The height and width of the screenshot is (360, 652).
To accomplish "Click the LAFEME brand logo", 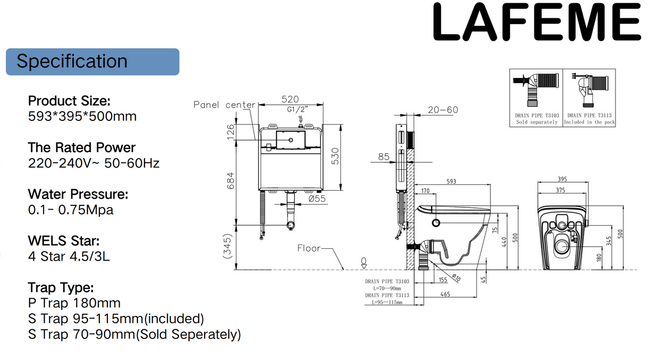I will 537,23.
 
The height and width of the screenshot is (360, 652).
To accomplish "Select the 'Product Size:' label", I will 69,100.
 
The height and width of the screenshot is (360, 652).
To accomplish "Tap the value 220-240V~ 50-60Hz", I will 93,163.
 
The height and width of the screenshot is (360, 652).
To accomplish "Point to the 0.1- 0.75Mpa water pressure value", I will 70,210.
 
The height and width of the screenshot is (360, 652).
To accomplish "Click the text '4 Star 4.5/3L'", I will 69,256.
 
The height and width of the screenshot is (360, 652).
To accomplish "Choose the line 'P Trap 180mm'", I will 74,303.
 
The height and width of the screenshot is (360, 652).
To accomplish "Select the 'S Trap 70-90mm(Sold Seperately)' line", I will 134,334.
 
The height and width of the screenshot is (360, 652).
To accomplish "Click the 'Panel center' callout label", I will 224,105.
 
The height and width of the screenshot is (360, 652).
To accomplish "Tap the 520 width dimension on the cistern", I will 290,99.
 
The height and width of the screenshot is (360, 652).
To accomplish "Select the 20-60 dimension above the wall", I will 443,110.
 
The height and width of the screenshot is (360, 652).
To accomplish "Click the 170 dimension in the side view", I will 425,190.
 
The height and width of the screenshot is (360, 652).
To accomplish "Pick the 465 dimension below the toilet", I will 445,294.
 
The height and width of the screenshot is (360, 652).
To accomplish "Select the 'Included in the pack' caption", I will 589,123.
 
